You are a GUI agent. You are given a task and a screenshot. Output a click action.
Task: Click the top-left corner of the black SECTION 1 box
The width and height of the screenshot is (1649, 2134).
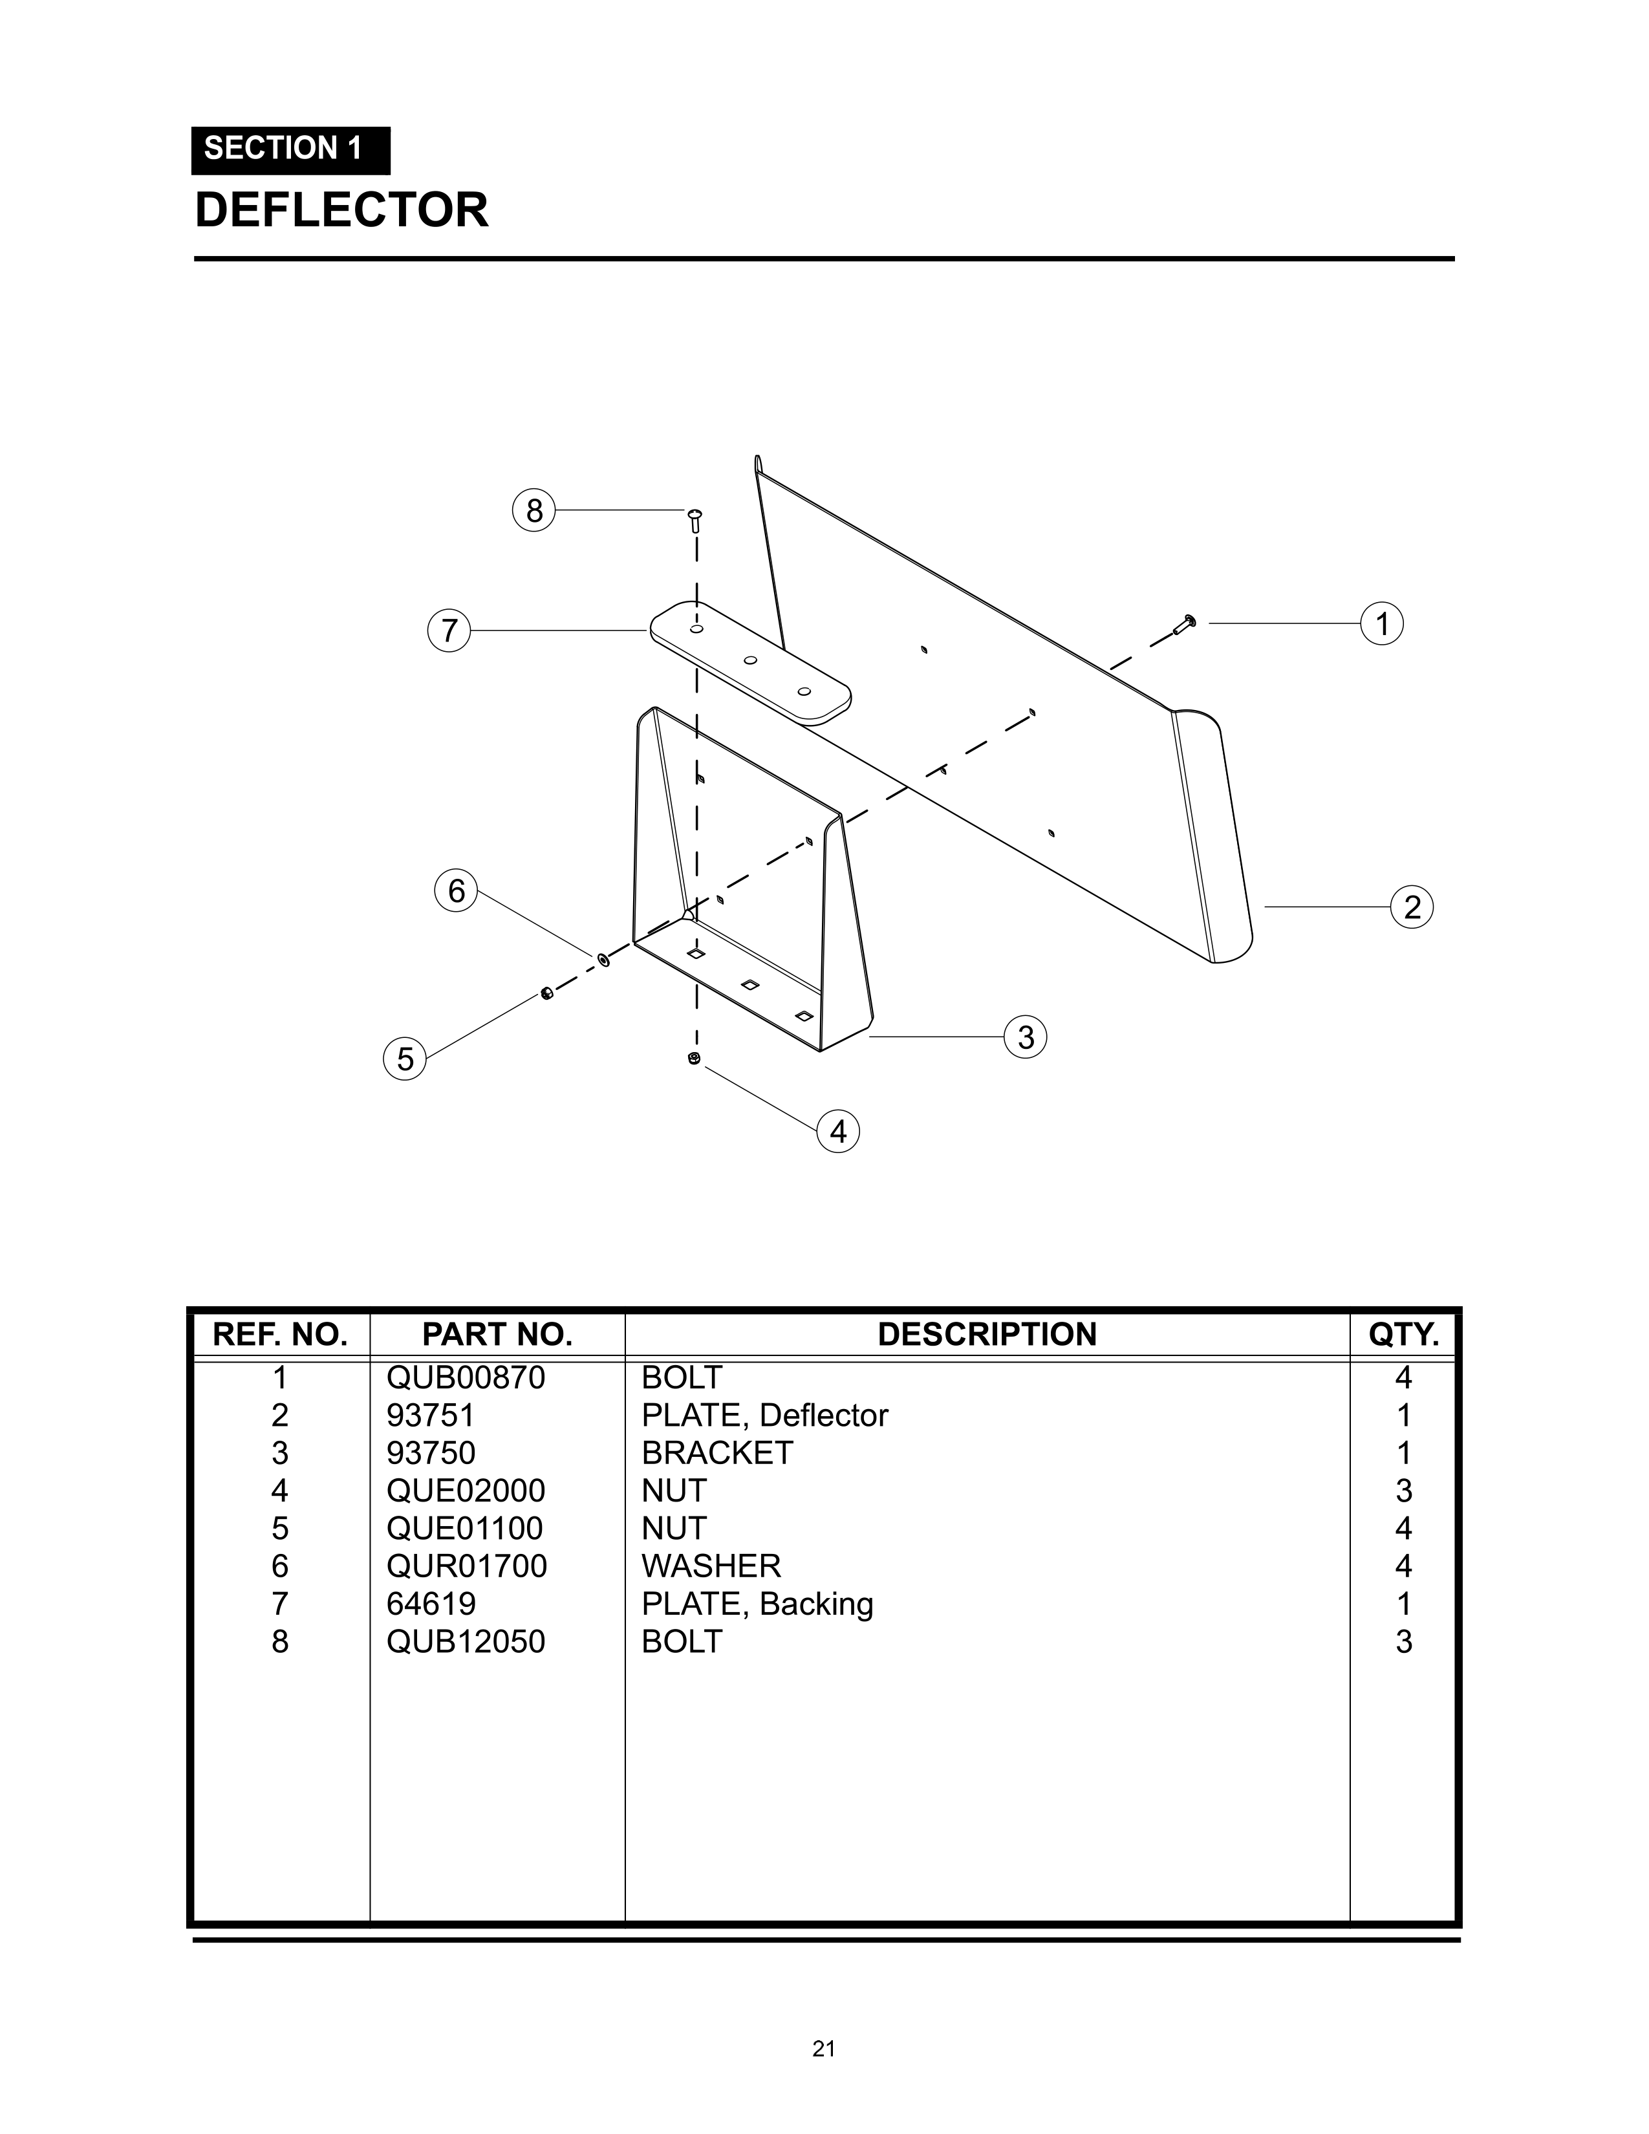tap(191, 127)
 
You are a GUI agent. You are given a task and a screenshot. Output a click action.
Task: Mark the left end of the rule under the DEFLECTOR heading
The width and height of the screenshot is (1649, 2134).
tap(195, 259)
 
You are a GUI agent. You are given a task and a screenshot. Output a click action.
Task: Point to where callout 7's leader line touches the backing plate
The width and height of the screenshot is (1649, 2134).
tap(651, 631)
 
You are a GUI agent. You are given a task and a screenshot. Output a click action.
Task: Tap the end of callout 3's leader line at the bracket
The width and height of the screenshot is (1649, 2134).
tap(868, 1036)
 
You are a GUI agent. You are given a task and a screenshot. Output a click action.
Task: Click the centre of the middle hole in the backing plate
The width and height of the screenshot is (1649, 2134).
tap(750, 660)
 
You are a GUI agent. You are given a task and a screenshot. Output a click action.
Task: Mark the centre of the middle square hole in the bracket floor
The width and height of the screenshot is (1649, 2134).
tap(750, 985)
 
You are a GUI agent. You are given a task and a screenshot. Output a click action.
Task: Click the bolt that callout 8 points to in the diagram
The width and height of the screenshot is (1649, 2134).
tap(696, 520)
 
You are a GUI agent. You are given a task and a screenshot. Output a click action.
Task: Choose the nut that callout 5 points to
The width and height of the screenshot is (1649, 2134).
tap(547, 994)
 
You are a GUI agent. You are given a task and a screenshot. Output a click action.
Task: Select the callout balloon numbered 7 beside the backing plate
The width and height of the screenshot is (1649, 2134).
tap(449, 631)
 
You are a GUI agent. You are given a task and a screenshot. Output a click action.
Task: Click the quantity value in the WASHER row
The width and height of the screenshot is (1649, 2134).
tap(1404, 1566)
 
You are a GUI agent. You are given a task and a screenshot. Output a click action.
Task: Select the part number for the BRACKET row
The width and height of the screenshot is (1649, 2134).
tap(431, 1453)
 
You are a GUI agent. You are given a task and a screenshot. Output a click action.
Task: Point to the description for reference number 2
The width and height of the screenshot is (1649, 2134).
tap(765, 1416)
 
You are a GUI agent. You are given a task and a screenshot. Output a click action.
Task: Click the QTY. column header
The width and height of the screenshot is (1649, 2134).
tap(1404, 1335)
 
